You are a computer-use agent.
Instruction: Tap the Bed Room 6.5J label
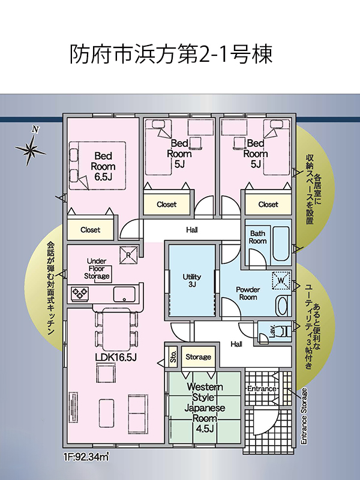(x=103, y=167)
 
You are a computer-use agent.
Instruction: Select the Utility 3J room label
(x=192, y=280)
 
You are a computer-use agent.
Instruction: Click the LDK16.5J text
(x=116, y=357)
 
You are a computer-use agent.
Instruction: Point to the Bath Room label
(x=257, y=237)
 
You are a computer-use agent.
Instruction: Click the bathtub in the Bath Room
(x=281, y=244)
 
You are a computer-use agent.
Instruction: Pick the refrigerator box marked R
(x=128, y=254)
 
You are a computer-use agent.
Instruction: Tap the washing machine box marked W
(x=281, y=280)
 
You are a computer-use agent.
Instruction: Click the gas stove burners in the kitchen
(x=80, y=294)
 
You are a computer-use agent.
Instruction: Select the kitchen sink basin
(x=124, y=295)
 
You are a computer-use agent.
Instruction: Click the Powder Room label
(x=248, y=293)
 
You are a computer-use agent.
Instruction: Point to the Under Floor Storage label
(x=97, y=268)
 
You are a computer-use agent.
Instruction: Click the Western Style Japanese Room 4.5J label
(x=205, y=408)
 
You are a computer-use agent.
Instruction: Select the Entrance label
(x=262, y=388)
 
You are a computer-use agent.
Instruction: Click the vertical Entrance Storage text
(x=304, y=416)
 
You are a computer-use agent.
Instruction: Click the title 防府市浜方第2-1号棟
(x=171, y=55)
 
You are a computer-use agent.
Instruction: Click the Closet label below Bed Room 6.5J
(x=91, y=230)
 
